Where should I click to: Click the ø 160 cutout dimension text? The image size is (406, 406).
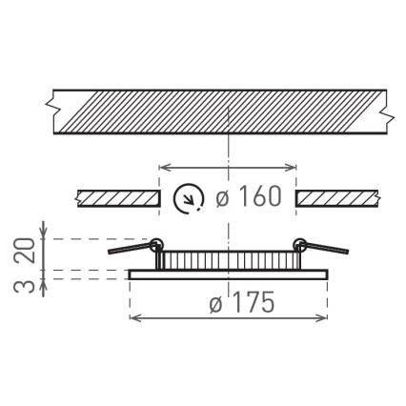tap(249, 197)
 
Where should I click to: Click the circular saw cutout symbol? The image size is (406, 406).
tap(189, 198)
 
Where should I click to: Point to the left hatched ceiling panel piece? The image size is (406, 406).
tap(116, 198)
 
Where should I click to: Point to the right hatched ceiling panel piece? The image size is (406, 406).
tap(338, 198)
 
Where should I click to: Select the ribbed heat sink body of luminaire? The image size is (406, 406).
tap(229, 259)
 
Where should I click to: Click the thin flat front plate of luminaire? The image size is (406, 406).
tap(229, 275)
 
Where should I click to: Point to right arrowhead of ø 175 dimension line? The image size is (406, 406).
tap(327, 316)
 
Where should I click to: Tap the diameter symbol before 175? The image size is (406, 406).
tap(214, 304)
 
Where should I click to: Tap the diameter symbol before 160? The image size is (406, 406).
tap(221, 197)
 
